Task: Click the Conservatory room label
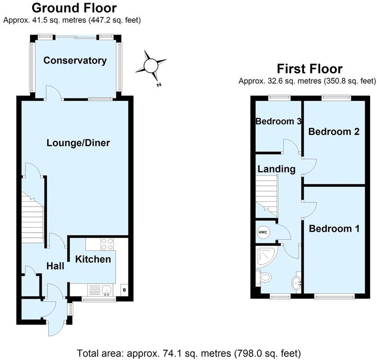point(75,61)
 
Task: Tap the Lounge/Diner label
point(78,143)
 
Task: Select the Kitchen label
point(93,259)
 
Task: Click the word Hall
point(55,266)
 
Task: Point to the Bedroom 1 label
point(334,229)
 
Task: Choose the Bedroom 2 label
point(334,132)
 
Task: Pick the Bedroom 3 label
point(278,121)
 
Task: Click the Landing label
point(277,169)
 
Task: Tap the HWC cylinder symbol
point(263,232)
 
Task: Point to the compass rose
point(150,66)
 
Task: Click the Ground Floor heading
point(74,8)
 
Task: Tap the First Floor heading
point(309,69)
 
